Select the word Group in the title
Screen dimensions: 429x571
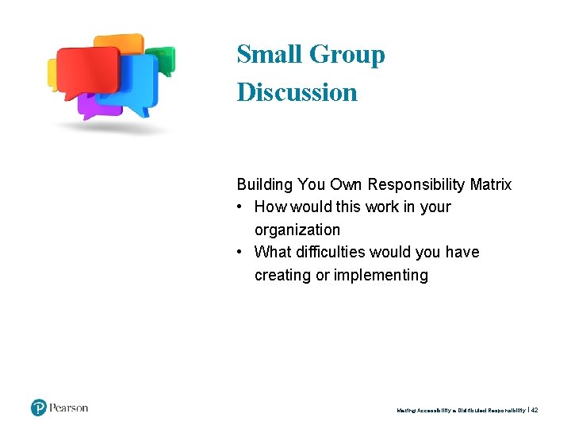[x=347, y=56]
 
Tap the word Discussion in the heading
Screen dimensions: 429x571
[x=297, y=92]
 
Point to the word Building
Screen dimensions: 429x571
[x=265, y=184]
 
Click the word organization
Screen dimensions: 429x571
[x=297, y=230]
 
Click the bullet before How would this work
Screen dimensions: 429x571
[x=241, y=207]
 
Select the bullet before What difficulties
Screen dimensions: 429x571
[x=241, y=253]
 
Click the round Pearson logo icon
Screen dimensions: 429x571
[x=39, y=408]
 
